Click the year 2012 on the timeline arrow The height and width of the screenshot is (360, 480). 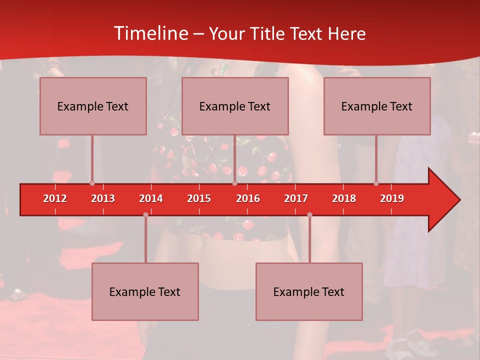point(55,198)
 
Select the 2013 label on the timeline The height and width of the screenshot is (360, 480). point(103,198)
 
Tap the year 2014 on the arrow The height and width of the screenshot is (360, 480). point(151,198)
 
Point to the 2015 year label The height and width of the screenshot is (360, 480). point(199,198)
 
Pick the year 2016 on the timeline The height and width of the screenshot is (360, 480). point(248,198)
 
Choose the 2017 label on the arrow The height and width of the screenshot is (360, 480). point(296,198)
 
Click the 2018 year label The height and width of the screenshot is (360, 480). point(344,198)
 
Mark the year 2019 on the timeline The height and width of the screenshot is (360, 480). point(392,198)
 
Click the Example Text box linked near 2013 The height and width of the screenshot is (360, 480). point(93,106)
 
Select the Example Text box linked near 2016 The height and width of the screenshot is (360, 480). point(235,106)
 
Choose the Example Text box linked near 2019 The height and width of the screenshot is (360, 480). point(377,106)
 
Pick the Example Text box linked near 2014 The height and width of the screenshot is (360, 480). point(145,291)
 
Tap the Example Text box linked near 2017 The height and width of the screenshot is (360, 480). point(309,291)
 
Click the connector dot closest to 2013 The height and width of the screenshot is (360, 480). point(92,183)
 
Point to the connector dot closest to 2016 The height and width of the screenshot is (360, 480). point(234,183)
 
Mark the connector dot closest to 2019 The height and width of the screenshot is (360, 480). point(376,183)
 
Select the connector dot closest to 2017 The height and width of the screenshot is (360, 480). point(309,215)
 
